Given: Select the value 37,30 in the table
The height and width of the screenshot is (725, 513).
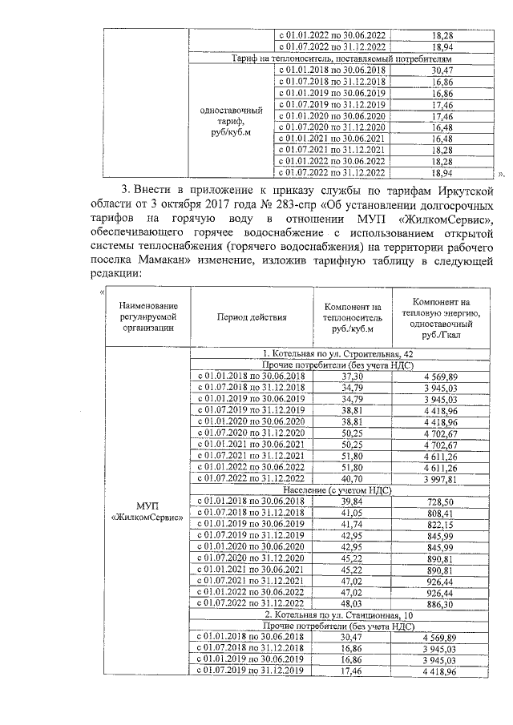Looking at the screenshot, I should coord(353,376).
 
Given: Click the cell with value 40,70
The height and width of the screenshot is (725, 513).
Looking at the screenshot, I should coord(353,478).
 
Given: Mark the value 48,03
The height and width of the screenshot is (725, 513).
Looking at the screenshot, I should coord(353,602).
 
